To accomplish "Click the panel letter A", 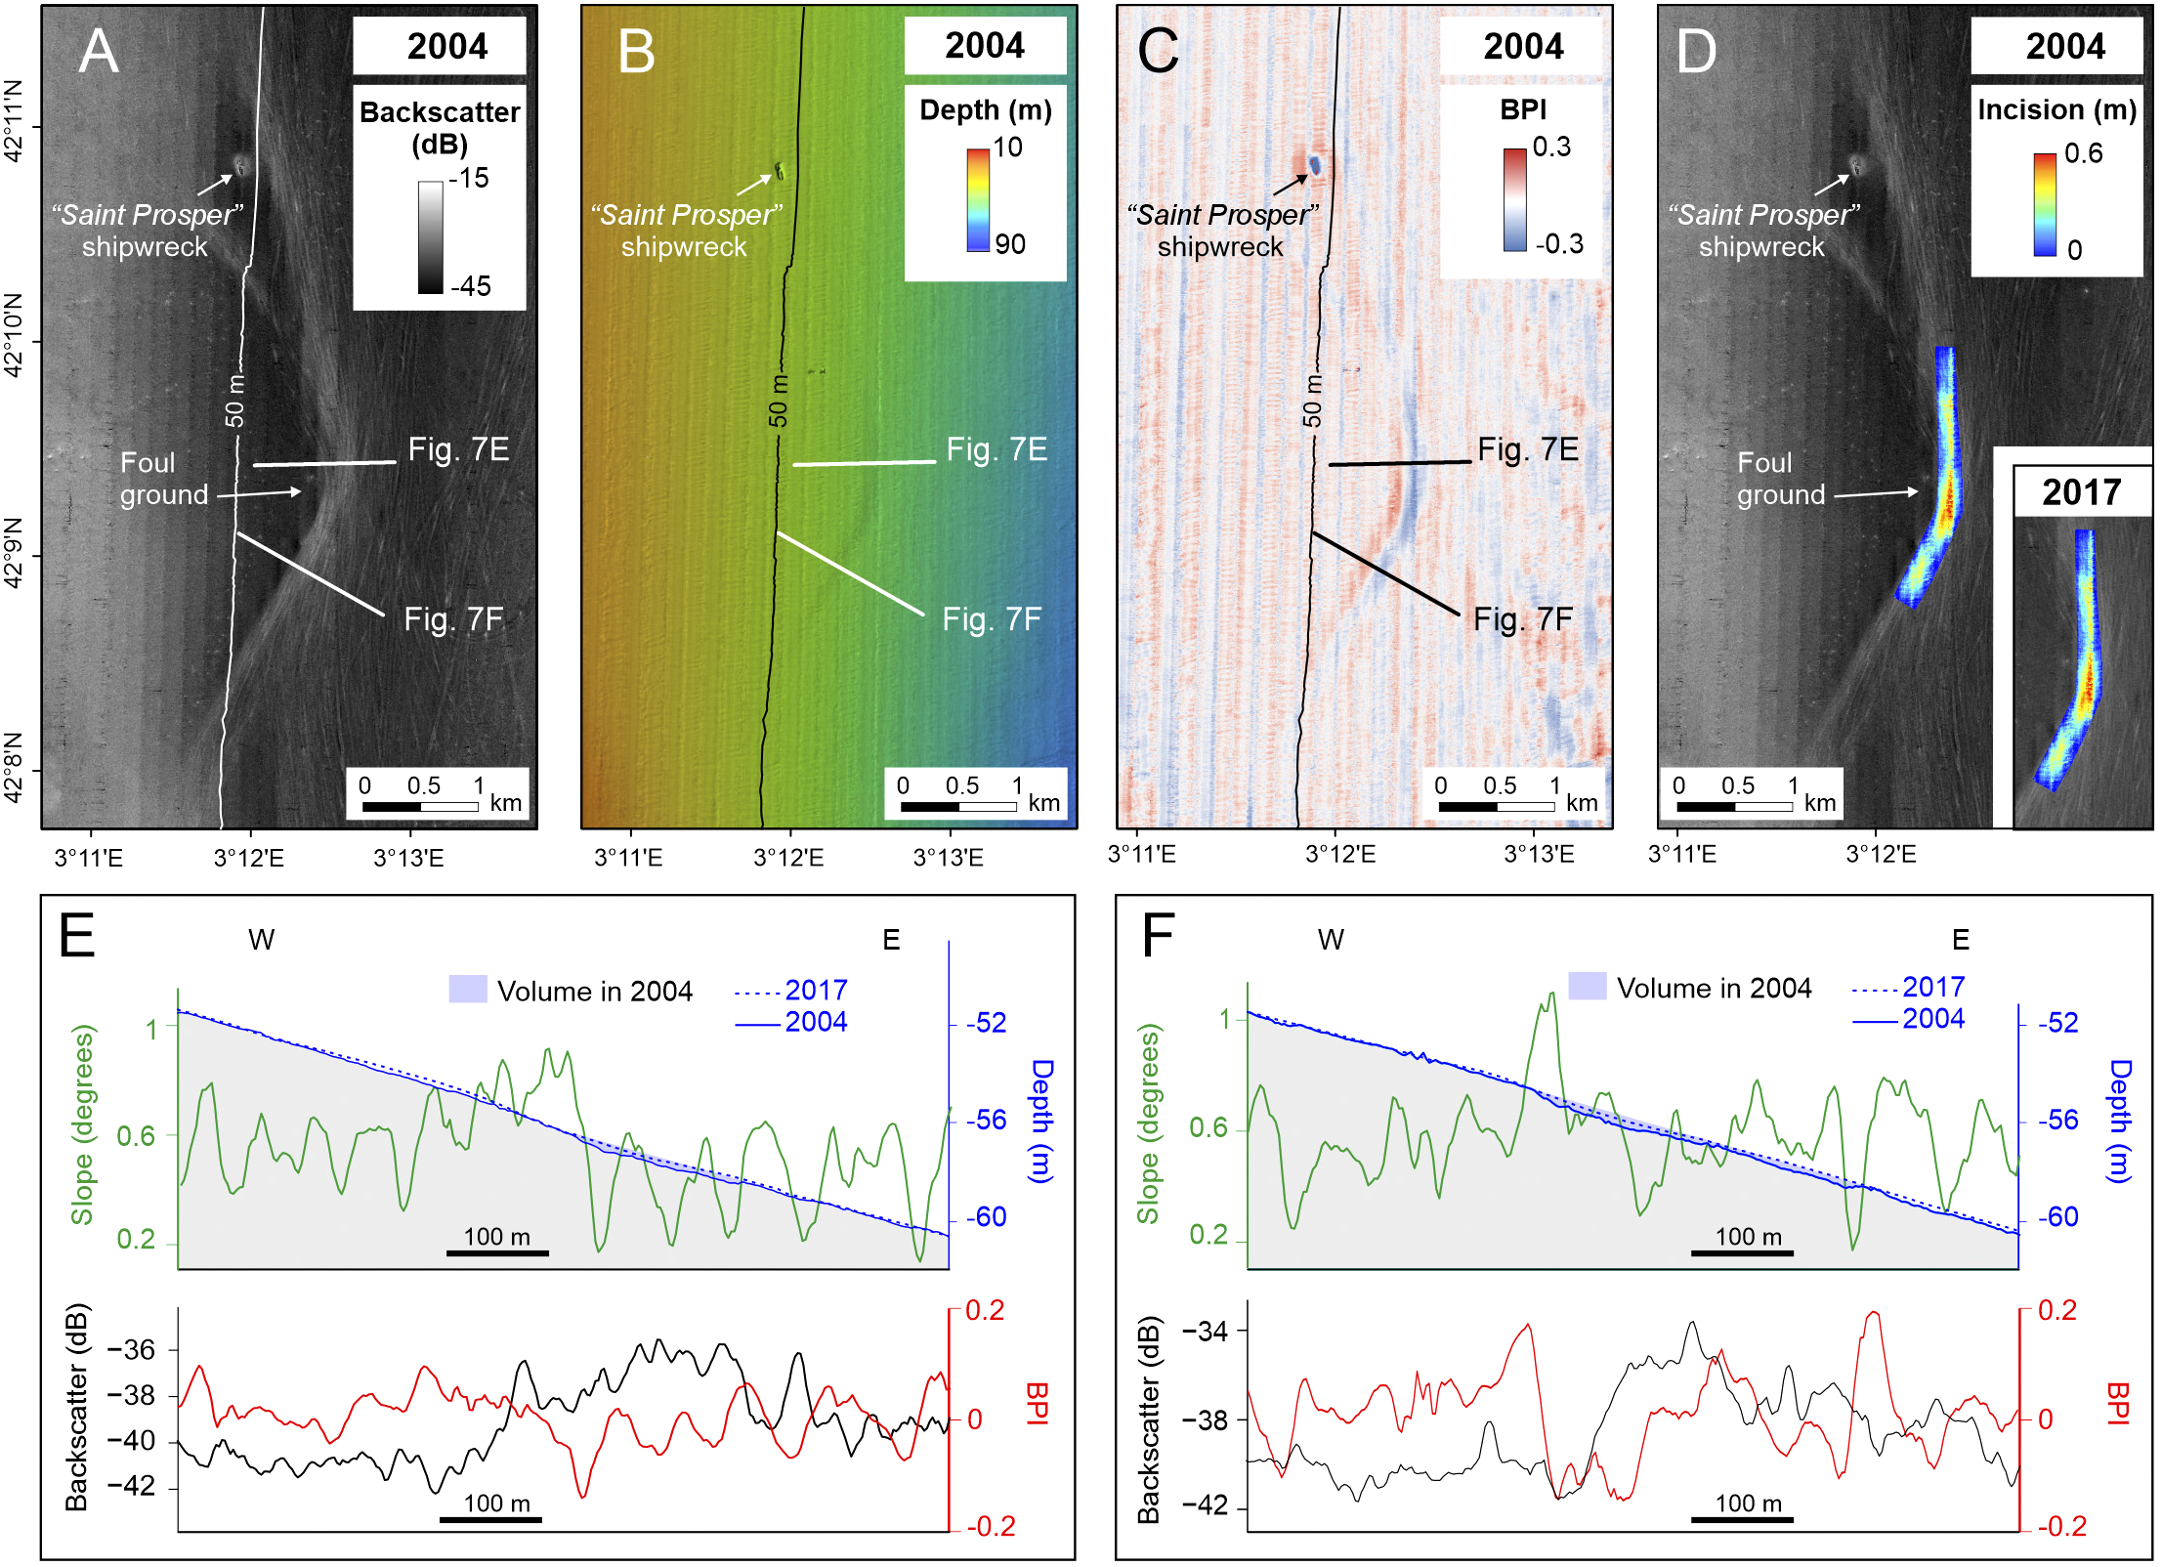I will point(99,51).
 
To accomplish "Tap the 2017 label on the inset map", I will point(2081,492).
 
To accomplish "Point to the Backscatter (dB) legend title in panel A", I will point(440,127).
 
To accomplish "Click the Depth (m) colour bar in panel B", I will point(978,200).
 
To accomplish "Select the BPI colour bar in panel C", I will point(1514,200).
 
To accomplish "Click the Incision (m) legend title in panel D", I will point(2056,109).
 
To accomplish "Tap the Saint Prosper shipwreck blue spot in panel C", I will point(1315,164).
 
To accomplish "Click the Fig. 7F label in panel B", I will point(992,619).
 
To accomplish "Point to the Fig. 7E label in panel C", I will point(1528,449).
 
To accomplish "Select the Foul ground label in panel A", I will point(163,479).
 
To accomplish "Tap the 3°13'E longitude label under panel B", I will point(948,858).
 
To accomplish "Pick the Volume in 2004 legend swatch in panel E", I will point(468,989).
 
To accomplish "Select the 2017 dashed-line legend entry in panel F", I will point(1908,987).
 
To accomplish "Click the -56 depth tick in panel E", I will point(987,1121).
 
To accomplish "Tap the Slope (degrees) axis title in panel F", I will point(1148,1123).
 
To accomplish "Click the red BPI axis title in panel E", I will point(1038,1404).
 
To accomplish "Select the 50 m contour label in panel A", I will point(234,401).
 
